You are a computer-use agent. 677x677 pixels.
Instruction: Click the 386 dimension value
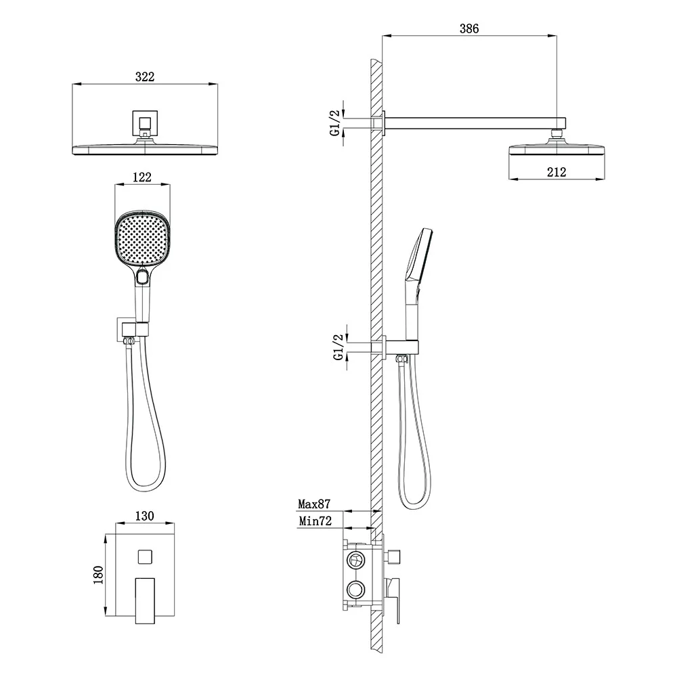point(469,28)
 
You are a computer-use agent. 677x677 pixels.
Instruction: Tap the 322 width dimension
point(145,77)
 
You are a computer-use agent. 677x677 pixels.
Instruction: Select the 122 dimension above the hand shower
point(142,177)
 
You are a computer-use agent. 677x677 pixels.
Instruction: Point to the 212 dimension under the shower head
point(556,172)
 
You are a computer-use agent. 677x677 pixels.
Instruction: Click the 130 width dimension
point(144,516)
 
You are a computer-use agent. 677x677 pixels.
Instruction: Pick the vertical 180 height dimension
point(98,575)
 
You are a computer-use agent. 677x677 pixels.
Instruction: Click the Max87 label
point(314,504)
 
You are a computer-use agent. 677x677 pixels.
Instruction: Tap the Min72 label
point(315,521)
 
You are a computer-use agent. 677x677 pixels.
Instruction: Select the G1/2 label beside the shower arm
point(335,123)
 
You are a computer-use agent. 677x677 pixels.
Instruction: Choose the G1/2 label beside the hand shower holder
point(339,347)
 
